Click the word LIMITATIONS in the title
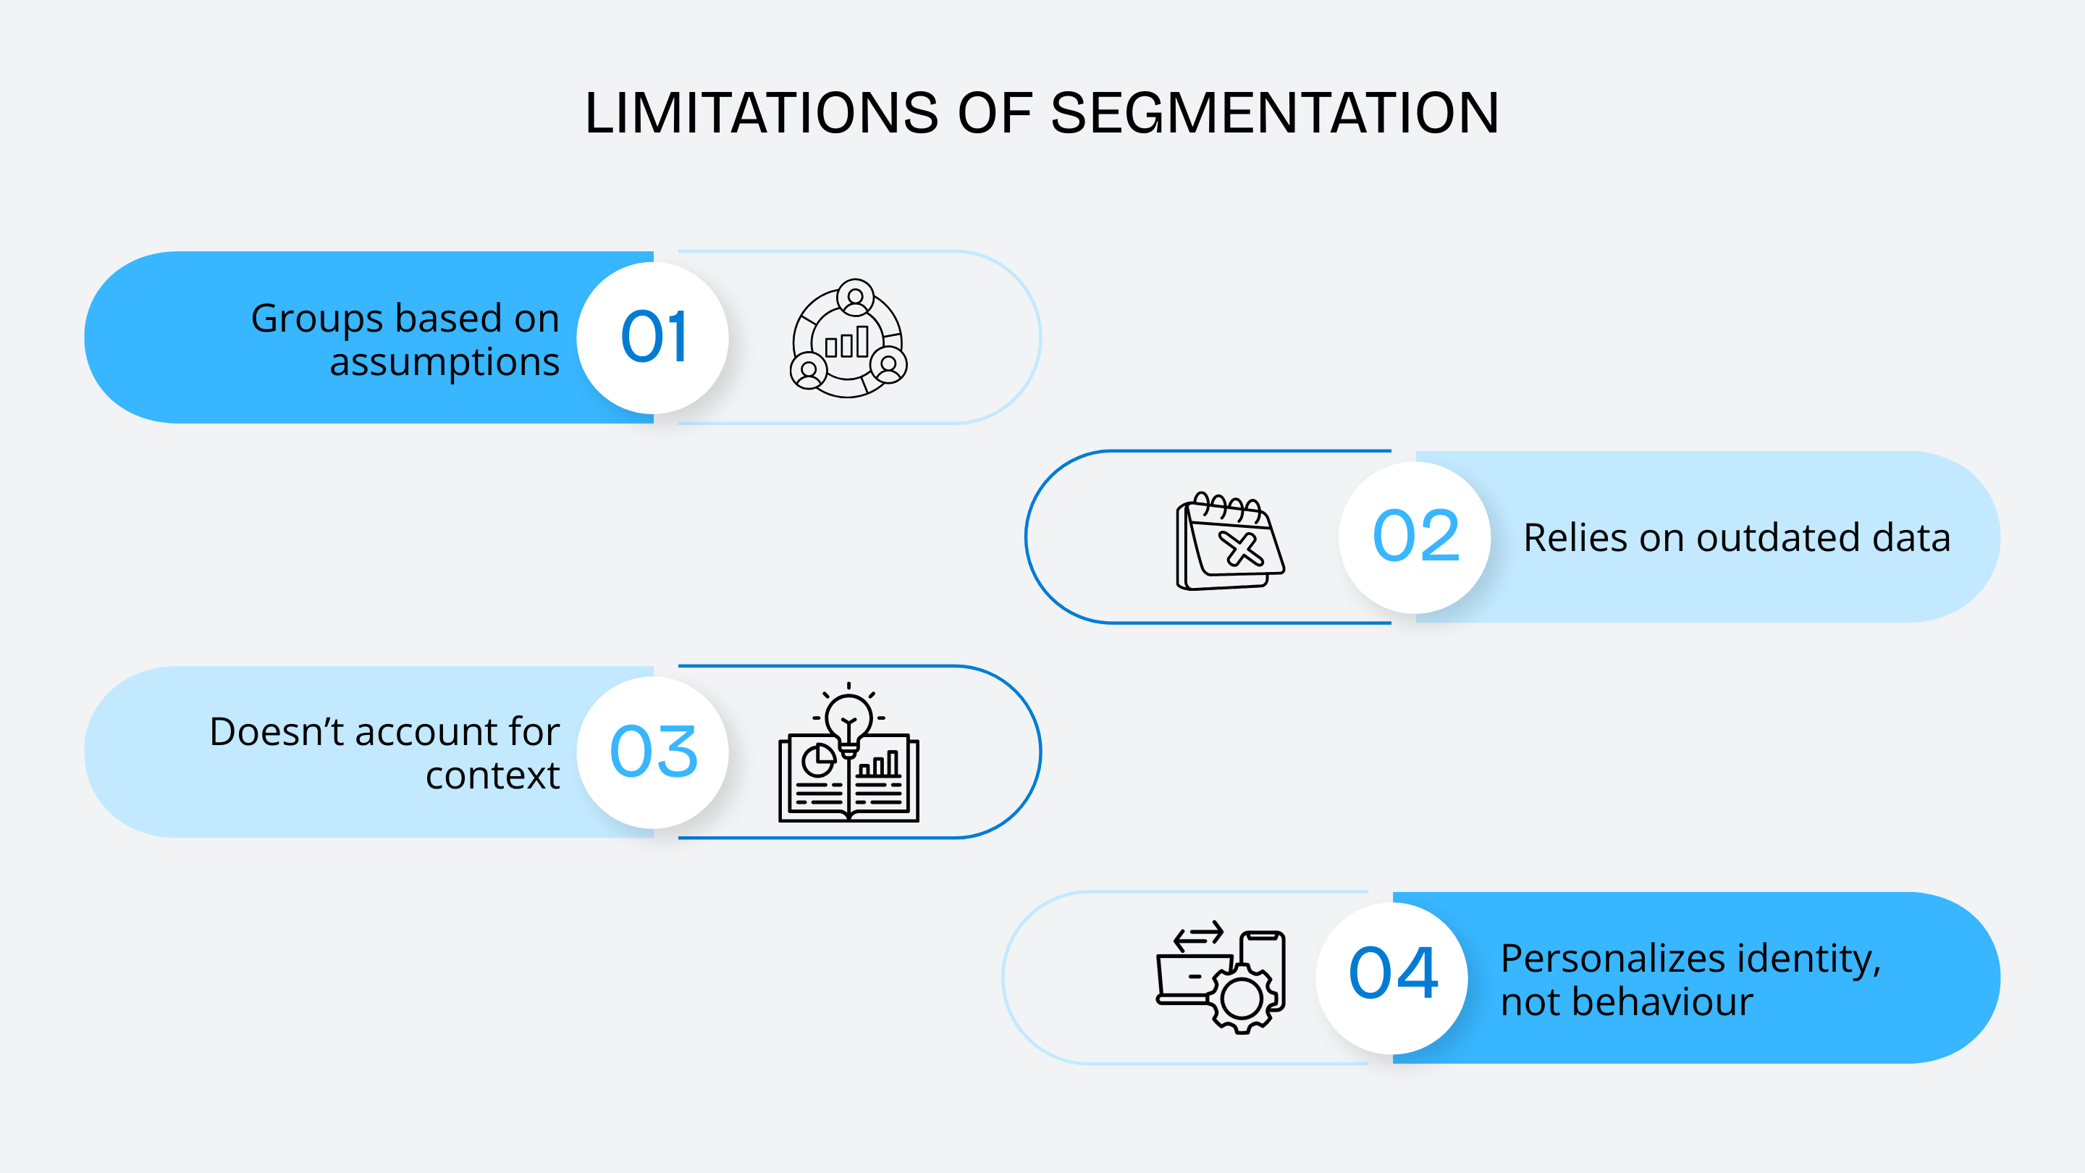pyautogui.click(x=761, y=114)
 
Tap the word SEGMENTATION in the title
pyautogui.click(x=1274, y=114)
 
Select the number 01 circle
pyautogui.click(x=653, y=337)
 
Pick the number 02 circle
pyautogui.click(x=1415, y=537)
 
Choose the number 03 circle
pyautogui.click(x=653, y=752)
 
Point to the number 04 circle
pyautogui.click(x=1392, y=975)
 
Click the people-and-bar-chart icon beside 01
pyautogui.click(x=848, y=338)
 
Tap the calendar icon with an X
pyautogui.click(x=1229, y=541)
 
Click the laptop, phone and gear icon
pyautogui.click(x=1221, y=978)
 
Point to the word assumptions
pyautogui.click(x=445, y=362)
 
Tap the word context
pyautogui.click(x=492, y=775)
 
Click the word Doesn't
pyautogui.click(x=276, y=732)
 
